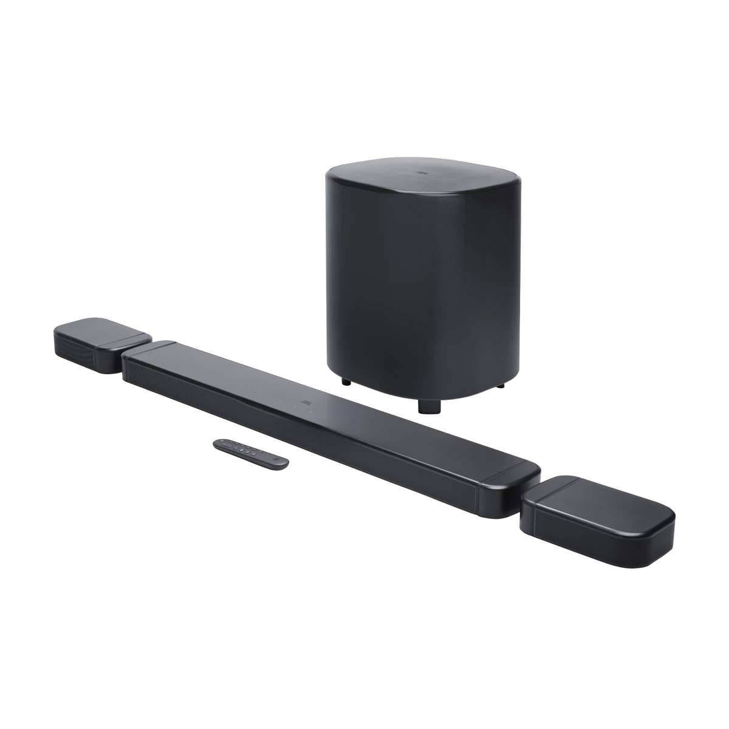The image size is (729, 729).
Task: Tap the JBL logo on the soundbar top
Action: [x=306, y=402]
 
